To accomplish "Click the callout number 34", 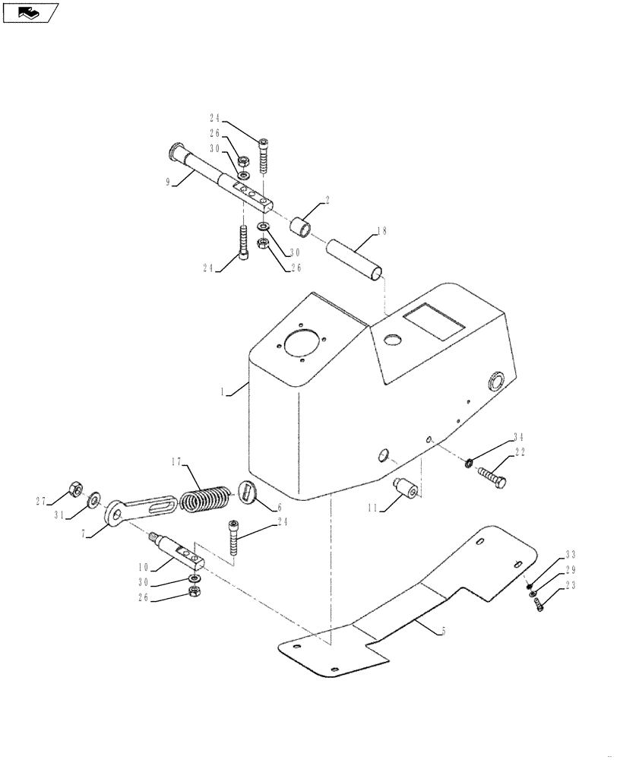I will (517, 437).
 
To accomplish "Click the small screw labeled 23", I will (539, 604).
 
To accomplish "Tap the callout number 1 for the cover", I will (223, 392).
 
